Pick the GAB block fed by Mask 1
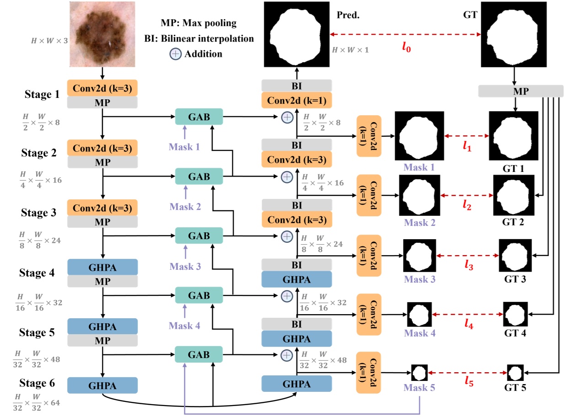click(x=199, y=117)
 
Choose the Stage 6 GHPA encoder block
click(x=102, y=385)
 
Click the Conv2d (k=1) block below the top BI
click(x=296, y=100)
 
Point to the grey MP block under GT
click(x=520, y=91)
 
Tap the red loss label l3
click(x=469, y=265)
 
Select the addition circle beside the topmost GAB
click(x=286, y=117)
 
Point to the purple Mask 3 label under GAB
click(x=185, y=266)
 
